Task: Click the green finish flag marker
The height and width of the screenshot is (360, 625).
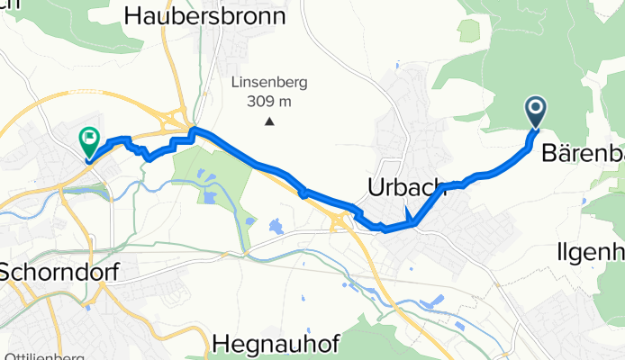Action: [90, 140]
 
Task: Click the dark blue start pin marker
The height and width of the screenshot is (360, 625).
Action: [536, 112]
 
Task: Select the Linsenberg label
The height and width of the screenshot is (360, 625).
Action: [269, 82]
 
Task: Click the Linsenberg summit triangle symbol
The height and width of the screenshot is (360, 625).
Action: [269, 121]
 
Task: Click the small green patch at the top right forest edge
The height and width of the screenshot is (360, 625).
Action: [468, 31]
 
